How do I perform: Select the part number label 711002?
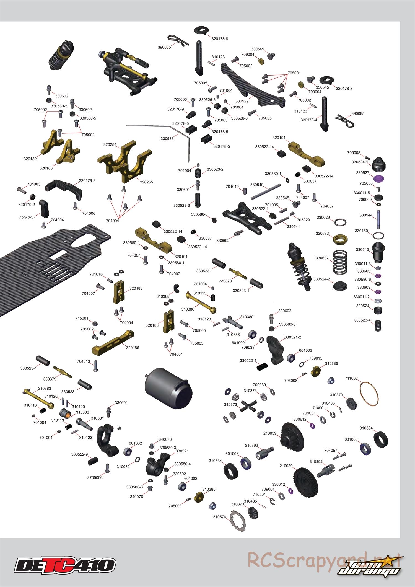(351, 378)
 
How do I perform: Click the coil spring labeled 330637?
(341, 261)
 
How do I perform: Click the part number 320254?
(110, 144)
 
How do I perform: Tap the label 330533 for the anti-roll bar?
(167, 138)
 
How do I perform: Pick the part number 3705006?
(95, 477)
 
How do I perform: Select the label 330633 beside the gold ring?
(322, 234)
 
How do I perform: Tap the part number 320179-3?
(87, 180)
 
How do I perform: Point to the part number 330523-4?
(362, 320)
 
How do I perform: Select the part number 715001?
(82, 318)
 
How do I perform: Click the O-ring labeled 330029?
(341, 222)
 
